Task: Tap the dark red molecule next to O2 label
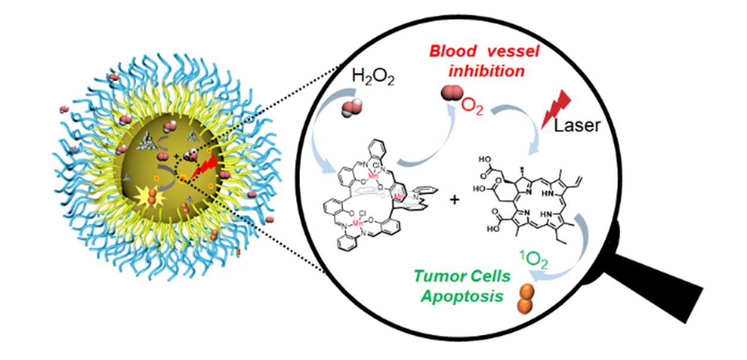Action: tap(450, 94)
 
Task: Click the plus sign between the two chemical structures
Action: tap(455, 200)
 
